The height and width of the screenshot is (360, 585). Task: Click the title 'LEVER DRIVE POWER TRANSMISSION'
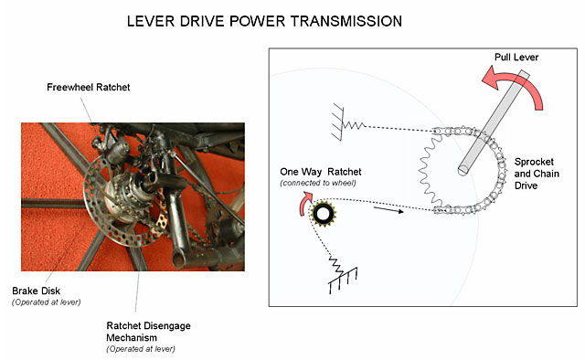(264, 21)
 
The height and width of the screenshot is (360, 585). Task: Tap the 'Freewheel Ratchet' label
(89, 88)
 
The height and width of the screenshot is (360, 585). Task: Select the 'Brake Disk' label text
(36, 291)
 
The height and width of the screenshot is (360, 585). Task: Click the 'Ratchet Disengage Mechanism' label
(148, 332)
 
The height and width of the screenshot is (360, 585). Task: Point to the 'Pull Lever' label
(516, 57)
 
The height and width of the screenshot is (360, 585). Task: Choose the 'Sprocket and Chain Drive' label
(537, 174)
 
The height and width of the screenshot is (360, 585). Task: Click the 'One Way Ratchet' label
(321, 172)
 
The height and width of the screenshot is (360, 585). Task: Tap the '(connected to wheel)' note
(318, 183)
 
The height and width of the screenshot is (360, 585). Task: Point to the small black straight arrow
(388, 210)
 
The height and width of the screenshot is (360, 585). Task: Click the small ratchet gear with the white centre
(323, 214)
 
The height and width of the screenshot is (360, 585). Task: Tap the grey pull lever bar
(494, 122)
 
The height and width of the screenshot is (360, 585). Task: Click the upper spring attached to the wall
(353, 125)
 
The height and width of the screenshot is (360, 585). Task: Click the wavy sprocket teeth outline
(429, 172)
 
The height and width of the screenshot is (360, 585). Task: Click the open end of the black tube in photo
(178, 261)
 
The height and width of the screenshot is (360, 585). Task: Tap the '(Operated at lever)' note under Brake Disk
(47, 302)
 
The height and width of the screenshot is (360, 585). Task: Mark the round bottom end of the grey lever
(463, 171)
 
